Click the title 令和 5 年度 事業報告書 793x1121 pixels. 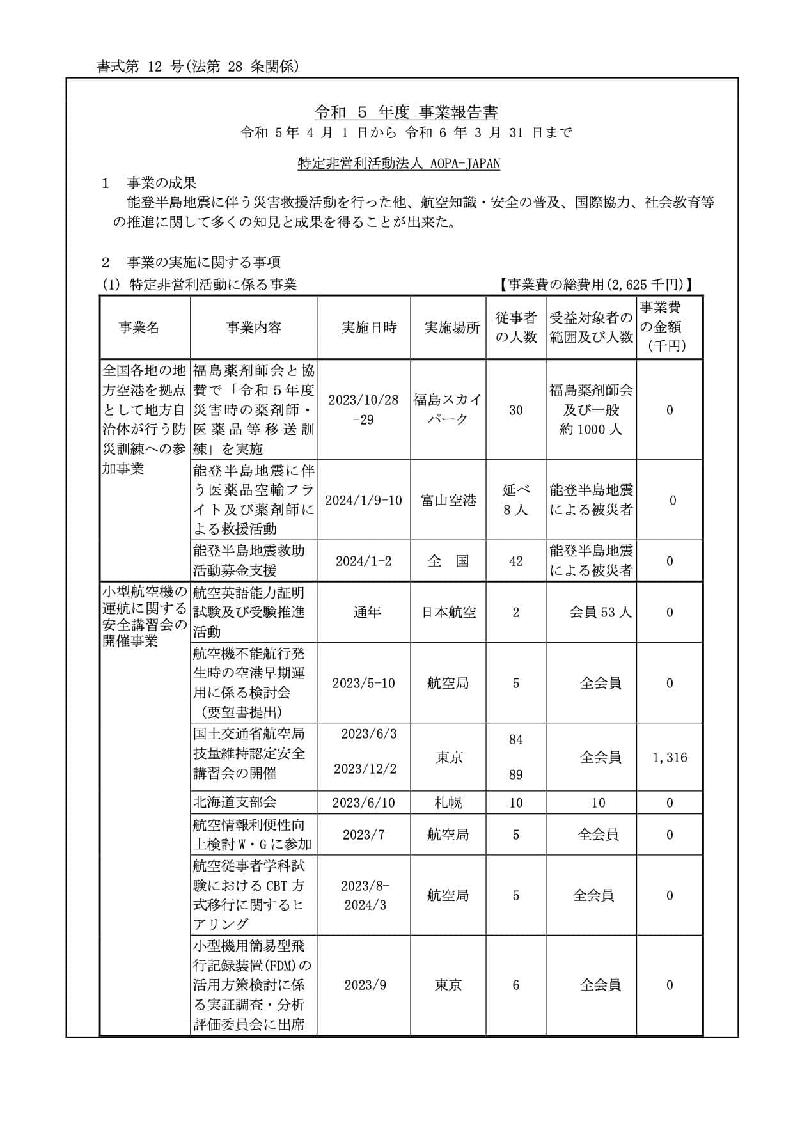coord(406,113)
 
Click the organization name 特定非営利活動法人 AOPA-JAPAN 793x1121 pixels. coord(399,163)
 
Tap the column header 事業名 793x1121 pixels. coord(139,327)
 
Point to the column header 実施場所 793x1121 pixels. coord(452,327)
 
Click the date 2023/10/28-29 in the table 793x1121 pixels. coord(363,410)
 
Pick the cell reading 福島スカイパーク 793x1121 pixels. coord(448,410)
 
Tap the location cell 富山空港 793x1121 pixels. coord(448,500)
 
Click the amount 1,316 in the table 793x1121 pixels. coord(670,758)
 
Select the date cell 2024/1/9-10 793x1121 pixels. coord(363,500)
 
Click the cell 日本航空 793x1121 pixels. coord(448,612)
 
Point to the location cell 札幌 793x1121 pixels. coord(448,803)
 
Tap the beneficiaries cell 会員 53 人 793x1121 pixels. coord(600,612)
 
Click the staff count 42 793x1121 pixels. coord(515,561)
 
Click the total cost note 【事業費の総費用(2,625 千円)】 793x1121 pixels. coord(596,285)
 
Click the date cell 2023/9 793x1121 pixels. coord(365,985)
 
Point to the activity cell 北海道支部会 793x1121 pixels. coord(235,803)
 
